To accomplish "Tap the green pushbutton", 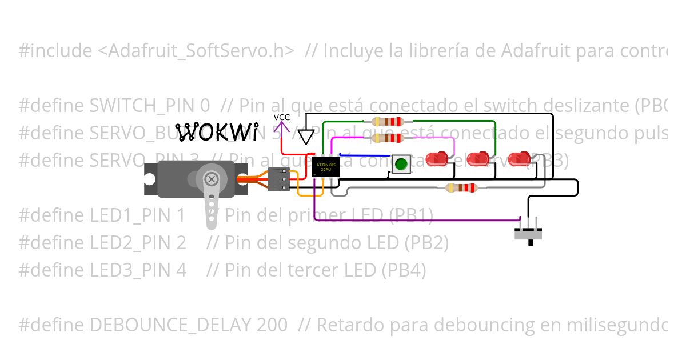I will (401, 165).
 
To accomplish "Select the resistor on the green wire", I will (388, 122).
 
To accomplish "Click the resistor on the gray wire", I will (461, 188).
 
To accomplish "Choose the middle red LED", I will (478, 159).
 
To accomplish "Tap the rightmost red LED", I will (519, 159).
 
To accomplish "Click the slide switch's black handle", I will (531, 242).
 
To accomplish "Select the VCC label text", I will (282, 117).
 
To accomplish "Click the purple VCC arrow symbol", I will (282, 129).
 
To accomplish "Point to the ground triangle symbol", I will (307, 137).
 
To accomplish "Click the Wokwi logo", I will (216, 133).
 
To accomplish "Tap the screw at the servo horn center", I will (211, 179).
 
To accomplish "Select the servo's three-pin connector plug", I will (278, 179).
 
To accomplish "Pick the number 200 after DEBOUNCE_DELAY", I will (272, 325).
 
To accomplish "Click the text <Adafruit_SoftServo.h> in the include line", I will (196, 51).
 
